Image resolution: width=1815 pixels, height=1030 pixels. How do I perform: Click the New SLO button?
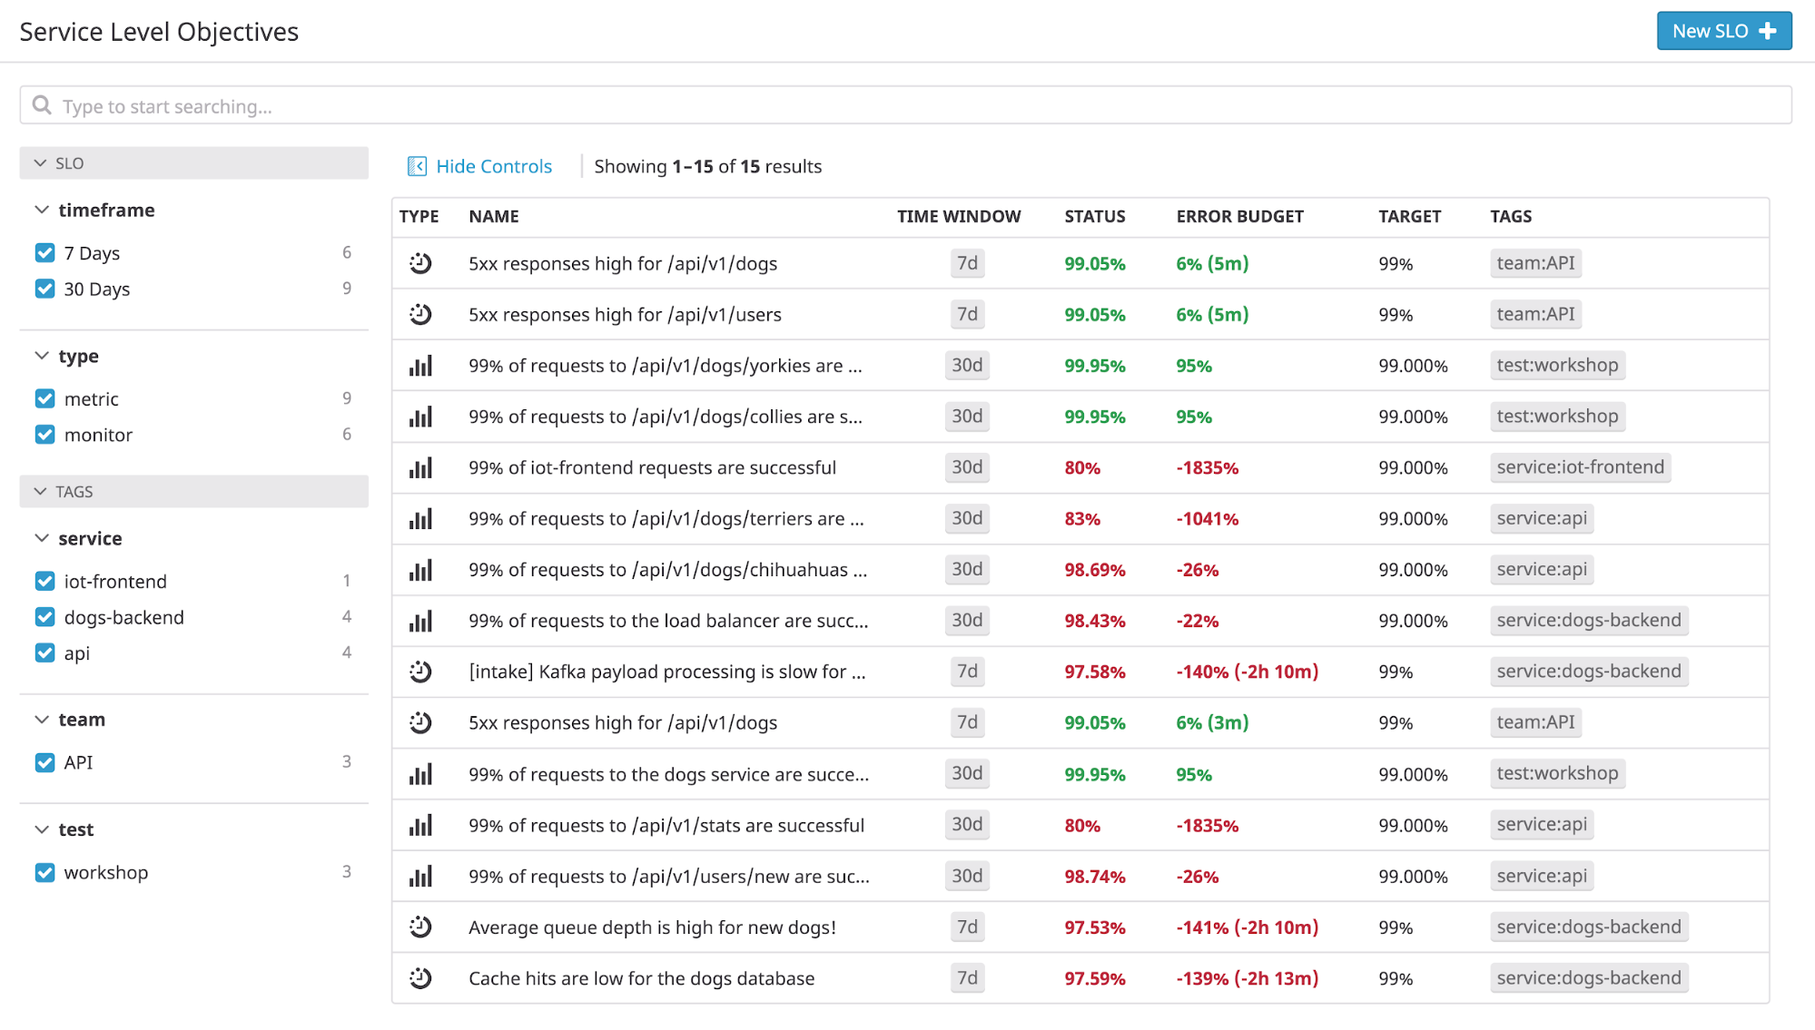coord(1722,31)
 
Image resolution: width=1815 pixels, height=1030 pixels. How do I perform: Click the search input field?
coord(904,106)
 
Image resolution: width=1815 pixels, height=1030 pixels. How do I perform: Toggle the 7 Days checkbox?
coord(44,253)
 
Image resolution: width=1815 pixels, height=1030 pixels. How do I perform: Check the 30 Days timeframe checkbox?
coord(44,289)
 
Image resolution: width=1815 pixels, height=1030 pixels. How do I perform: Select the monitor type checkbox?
coord(44,435)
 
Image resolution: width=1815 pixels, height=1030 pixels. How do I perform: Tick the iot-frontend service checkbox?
coord(44,581)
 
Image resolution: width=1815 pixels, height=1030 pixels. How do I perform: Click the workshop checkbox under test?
coord(44,872)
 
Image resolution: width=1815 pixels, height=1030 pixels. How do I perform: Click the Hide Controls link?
coord(493,166)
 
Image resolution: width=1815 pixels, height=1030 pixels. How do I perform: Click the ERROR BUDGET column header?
coord(1239,216)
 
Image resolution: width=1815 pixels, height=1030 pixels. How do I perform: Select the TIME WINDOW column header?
coord(958,216)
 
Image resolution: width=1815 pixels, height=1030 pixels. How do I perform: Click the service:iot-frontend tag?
coord(1580,467)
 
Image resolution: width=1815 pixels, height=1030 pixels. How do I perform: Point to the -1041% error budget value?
coord(1207,519)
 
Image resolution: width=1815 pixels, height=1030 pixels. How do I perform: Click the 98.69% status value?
coord(1094,570)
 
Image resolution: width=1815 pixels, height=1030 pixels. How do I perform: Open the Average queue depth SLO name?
coord(651,927)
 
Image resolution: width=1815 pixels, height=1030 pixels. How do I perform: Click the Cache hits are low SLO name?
coord(641,978)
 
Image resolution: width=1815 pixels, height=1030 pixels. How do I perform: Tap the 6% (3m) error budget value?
coord(1211,723)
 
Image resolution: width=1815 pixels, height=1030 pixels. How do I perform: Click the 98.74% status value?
coord(1094,877)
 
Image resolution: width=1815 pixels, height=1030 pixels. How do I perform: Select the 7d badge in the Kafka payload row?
coord(967,672)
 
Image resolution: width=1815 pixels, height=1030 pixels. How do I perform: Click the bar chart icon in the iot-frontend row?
coord(420,468)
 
